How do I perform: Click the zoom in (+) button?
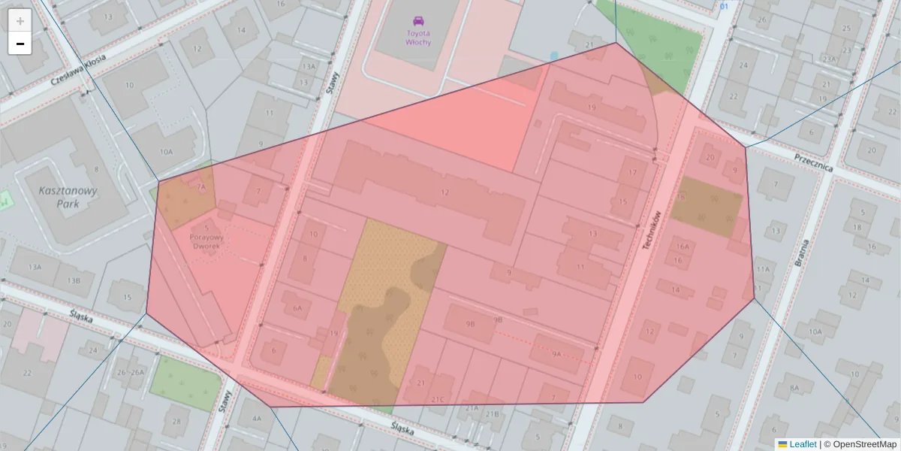(x=20, y=21)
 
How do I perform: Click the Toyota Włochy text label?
(x=417, y=38)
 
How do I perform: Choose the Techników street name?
(x=652, y=231)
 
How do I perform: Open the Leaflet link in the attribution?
(x=803, y=444)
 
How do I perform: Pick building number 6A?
(x=297, y=308)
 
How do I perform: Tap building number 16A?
(x=682, y=246)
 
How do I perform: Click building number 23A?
(x=829, y=59)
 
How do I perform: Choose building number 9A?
(x=556, y=353)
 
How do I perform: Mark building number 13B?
(x=73, y=280)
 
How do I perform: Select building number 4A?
(x=257, y=418)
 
